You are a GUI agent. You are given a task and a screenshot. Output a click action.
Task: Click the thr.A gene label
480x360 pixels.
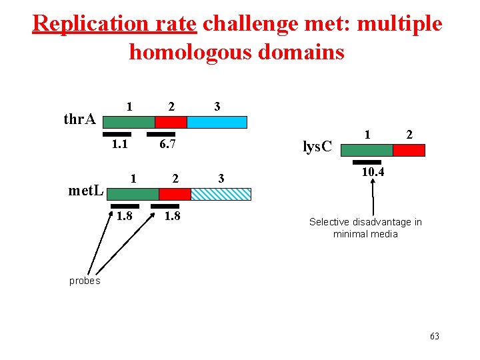pyautogui.click(x=79, y=120)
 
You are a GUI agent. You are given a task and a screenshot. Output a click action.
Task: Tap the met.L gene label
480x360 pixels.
pyautogui.click(x=86, y=191)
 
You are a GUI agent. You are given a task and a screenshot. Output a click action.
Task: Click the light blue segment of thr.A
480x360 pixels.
pyautogui.click(x=217, y=122)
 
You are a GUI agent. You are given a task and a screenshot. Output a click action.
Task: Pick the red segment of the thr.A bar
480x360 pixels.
pyautogui.click(x=171, y=122)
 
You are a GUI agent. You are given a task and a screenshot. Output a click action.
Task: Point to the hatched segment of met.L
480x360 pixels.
pyautogui.click(x=221, y=194)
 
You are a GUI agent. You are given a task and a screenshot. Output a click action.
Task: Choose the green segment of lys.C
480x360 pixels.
pyautogui.click(x=367, y=150)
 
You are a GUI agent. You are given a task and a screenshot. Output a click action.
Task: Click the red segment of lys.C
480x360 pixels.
pyautogui.click(x=409, y=150)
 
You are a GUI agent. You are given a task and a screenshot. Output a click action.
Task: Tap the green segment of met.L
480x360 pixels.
pyautogui.click(x=133, y=194)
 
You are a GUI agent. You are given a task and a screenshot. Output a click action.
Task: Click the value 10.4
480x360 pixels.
pyautogui.click(x=373, y=173)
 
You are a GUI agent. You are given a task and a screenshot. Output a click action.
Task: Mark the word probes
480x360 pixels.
pyautogui.click(x=85, y=281)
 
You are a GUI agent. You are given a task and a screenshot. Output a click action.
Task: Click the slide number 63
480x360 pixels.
pyautogui.click(x=435, y=336)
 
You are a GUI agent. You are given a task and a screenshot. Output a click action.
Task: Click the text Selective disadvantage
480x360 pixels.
pyautogui.click(x=365, y=222)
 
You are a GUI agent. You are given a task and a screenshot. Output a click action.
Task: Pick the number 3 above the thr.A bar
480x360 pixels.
pyautogui.click(x=217, y=107)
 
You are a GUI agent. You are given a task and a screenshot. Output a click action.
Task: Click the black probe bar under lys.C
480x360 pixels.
pyautogui.click(x=367, y=162)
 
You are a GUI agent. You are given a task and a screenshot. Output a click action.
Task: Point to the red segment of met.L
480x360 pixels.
pyautogui.click(x=175, y=194)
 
